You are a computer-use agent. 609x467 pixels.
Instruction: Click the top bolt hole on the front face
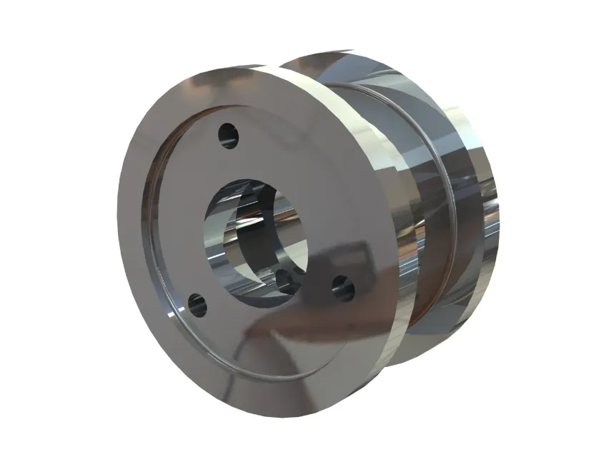tap(228, 134)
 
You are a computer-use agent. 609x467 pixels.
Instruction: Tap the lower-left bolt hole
tap(197, 306)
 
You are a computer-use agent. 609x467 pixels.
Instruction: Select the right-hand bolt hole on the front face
tap(343, 288)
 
